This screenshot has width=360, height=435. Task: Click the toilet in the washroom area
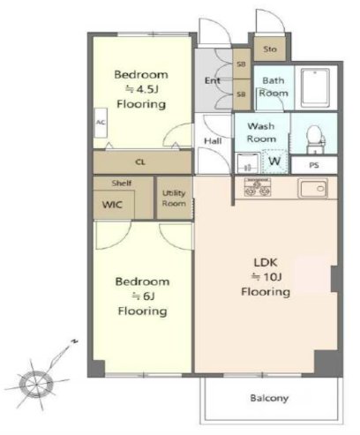tap(315, 139)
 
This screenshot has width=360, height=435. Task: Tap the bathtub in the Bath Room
tap(316, 88)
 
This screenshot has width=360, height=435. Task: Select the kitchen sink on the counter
tap(312, 188)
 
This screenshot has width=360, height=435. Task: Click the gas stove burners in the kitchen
tap(258, 187)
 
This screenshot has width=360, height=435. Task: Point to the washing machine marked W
tap(274, 161)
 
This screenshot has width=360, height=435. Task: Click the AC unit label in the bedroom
tap(101, 123)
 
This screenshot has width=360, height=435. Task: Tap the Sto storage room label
tap(270, 49)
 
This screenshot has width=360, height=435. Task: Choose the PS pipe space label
tap(314, 165)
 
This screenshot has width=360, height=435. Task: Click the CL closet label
tap(140, 161)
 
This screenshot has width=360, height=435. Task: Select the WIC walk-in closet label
tap(112, 205)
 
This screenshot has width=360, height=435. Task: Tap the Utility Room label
tap(174, 199)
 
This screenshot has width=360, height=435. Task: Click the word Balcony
tap(269, 398)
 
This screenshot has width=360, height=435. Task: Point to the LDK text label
tap(266, 262)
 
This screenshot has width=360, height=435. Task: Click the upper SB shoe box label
tap(241, 64)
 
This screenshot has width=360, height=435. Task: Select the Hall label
tap(213, 141)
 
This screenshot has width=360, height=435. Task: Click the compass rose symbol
tap(36, 384)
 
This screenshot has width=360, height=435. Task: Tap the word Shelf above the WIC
tap(122, 183)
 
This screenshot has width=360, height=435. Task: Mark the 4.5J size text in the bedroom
tap(142, 89)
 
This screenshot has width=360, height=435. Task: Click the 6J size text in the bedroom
tap(143, 296)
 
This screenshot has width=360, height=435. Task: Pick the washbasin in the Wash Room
tap(248, 163)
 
